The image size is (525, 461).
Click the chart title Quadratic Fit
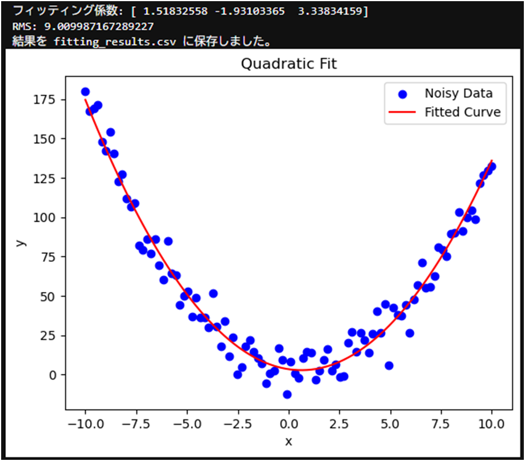pos(288,64)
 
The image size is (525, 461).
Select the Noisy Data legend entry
pos(458,93)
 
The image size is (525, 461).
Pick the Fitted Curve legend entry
pos(462,112)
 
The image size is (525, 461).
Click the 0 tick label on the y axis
pos(53,375)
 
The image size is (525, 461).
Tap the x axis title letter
pos(288,441)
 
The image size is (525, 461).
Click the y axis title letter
pos(21,242)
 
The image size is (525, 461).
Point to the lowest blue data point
pos(287,395)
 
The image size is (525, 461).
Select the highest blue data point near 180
pos(85,92)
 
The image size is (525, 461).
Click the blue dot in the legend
pos(403,93)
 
